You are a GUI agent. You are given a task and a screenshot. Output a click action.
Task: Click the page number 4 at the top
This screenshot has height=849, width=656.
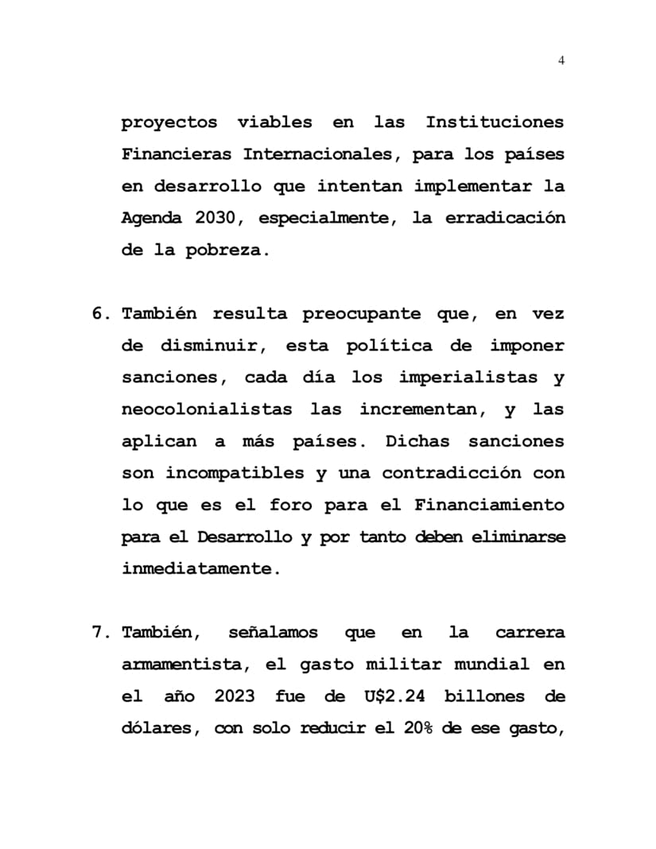561,60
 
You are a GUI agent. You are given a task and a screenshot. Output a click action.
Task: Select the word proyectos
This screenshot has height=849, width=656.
169,123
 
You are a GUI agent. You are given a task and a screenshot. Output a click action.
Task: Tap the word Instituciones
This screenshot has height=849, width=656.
495,123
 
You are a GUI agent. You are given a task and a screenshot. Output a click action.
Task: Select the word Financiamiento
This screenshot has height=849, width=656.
489,505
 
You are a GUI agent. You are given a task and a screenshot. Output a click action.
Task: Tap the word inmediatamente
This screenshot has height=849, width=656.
200,569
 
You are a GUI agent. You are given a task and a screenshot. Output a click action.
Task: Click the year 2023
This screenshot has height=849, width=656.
235,696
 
